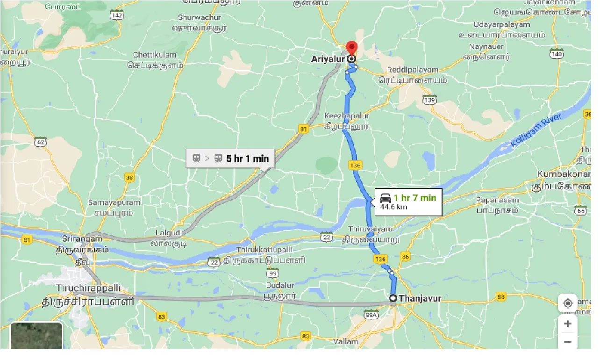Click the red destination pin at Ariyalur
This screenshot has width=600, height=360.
click(351, 48)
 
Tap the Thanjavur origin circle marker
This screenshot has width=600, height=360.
click(393, 298)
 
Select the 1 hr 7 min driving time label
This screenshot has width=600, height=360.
click(414, 198)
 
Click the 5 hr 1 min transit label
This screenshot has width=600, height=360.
click(247, 158)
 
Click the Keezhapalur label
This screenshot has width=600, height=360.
click(347, 116)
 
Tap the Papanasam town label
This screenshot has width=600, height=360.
click(497, 200)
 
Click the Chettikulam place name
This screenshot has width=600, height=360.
click(155, 55)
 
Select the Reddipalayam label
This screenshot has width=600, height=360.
click(413, 70)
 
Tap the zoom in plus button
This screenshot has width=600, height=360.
click(568, 324)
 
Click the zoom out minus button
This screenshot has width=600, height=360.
click(568, 342)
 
